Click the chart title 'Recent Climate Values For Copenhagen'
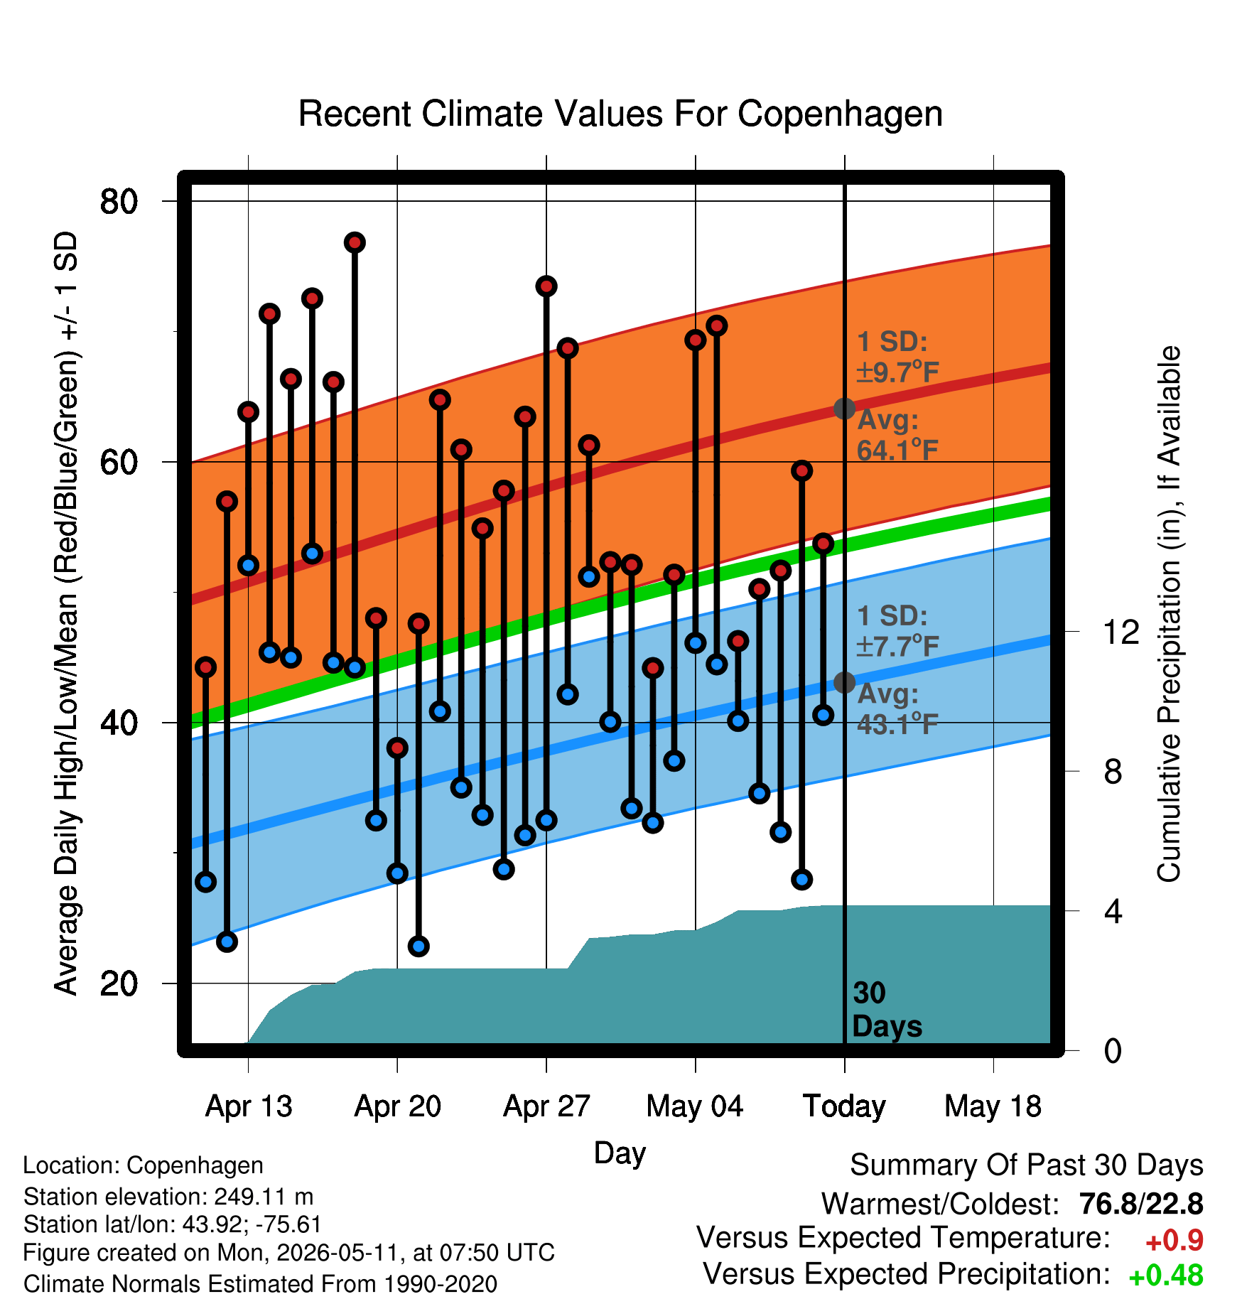(620, 114)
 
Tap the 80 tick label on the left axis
(119, 201)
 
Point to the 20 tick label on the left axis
(119, 983)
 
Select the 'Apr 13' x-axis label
(248, 1106)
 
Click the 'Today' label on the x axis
(844, 1106)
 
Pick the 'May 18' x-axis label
(993, 1106)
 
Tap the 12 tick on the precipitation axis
(1120, 632)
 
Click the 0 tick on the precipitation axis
(1113, 1050)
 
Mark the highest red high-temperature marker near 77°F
(355, 243)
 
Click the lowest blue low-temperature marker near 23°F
(418, 946)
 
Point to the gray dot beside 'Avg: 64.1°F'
(844, 409)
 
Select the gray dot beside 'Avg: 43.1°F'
(844, 682)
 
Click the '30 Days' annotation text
(886, 1010)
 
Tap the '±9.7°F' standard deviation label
(897, 372)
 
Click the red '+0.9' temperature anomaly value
(1174, 1241)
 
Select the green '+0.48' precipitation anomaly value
(1165, 1276)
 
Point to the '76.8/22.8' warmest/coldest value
(1141, 1204)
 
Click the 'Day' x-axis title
(620, 1153)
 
